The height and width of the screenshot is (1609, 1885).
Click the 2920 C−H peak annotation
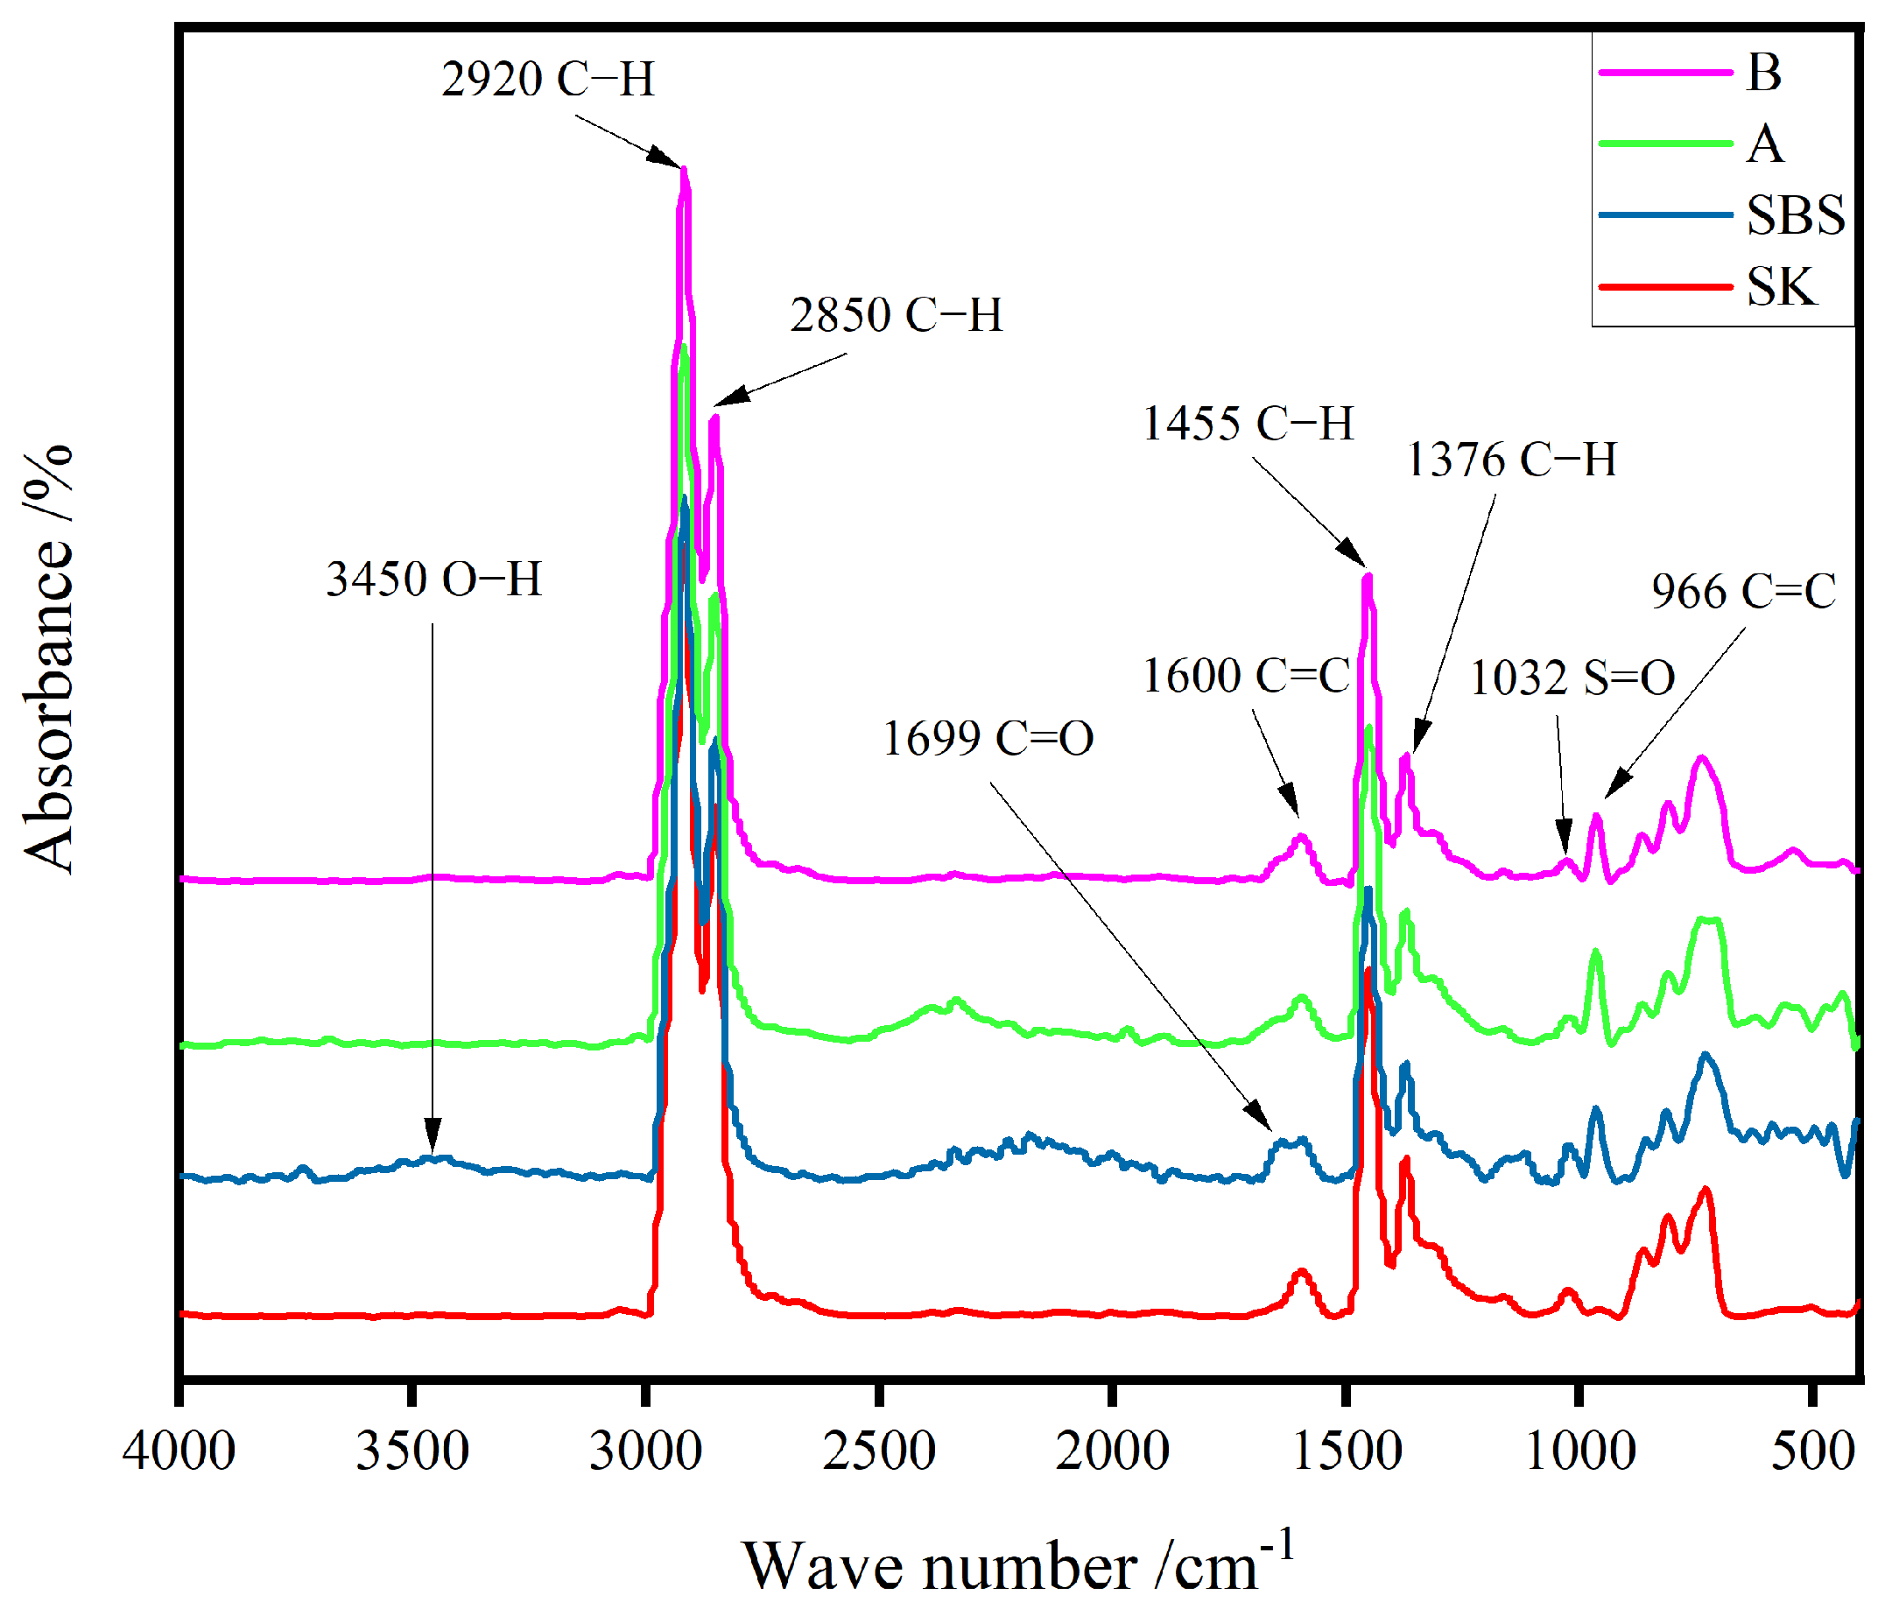548,79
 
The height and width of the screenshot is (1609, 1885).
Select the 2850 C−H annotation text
897,316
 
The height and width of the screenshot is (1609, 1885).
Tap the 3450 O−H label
434,580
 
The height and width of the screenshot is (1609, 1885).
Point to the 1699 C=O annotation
988,738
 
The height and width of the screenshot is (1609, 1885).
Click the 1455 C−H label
1248,424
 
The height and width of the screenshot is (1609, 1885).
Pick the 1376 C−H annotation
1512,460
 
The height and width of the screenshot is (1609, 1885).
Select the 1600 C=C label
1247,676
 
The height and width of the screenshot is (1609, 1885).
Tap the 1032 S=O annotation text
1572,678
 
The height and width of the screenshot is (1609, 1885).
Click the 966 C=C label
1743,592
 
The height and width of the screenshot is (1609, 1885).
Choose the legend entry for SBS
1794,215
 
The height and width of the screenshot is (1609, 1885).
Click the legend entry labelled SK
1781,287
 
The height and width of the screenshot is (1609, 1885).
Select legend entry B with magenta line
1763,72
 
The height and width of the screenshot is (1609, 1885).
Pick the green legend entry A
1765,144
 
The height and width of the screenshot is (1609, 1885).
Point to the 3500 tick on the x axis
412,1450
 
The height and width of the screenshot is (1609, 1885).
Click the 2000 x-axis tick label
1112,1450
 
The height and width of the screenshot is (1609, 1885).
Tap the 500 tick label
1812,1450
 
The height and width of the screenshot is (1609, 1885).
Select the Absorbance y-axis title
47,658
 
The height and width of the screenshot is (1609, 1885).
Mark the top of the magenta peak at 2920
684,170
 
